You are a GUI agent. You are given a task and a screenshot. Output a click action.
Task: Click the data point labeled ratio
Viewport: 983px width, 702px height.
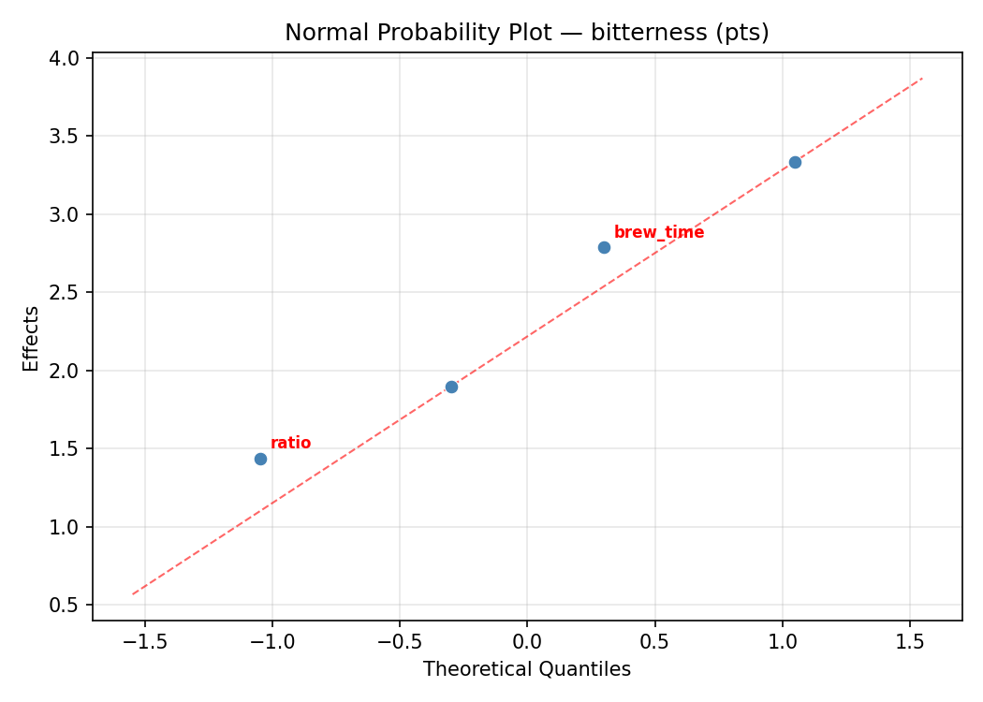[x=260, y=459]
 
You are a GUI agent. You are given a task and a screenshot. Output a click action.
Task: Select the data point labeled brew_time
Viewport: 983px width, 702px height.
[x=604, y=247]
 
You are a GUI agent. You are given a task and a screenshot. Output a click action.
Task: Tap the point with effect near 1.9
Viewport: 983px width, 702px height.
[x=451, y=387]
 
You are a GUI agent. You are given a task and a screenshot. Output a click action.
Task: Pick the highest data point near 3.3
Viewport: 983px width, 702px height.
[x=795, y=162]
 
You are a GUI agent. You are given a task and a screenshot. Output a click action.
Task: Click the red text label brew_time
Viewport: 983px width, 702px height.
[x=658, y=232]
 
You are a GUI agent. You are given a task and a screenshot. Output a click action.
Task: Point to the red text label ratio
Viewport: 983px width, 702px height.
[x=290, y=444]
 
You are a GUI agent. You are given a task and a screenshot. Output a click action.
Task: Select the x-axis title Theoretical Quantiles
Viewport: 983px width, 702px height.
[x=526, y=669]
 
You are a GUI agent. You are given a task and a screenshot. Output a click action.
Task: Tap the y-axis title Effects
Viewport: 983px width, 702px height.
[x=32, y=338]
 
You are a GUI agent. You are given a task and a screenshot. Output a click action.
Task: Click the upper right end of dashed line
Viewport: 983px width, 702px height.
[x=922, y=79]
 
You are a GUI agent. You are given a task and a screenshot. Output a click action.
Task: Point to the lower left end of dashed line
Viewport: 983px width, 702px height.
[x=132, y=593]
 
